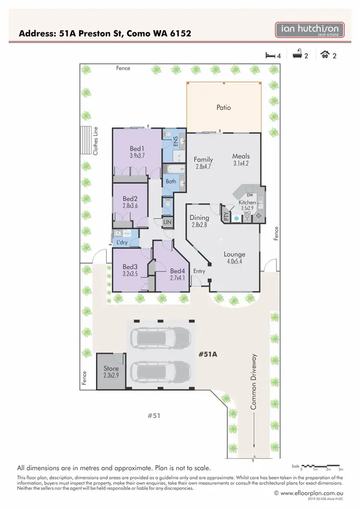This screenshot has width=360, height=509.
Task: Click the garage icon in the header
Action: tap(325, 55)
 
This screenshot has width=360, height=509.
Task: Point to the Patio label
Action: tap(224, 107)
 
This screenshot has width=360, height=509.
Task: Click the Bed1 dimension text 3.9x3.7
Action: tap(137, 156)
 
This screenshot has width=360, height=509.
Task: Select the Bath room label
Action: tap(171, 181)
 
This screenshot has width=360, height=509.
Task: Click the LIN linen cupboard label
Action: tap(167, 222)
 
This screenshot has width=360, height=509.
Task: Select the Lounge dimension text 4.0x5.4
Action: tap(235, 262)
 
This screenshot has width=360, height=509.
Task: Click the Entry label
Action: tap(199, 271)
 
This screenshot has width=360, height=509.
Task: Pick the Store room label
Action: tap(111, 368)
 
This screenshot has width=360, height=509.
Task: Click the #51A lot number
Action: tap(209, 355)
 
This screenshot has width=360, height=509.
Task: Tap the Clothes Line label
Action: tap(96, 141)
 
